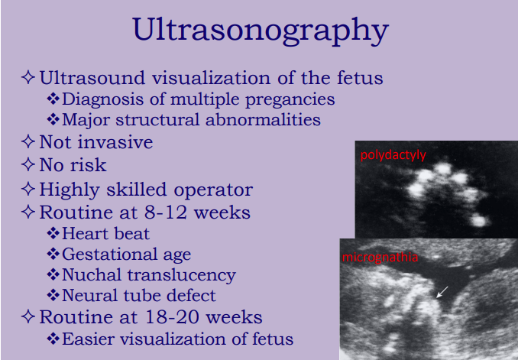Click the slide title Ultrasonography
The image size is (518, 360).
click(259, 31)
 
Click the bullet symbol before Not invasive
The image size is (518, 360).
click(29, 142)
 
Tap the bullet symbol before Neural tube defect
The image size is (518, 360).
click(53, 296)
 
